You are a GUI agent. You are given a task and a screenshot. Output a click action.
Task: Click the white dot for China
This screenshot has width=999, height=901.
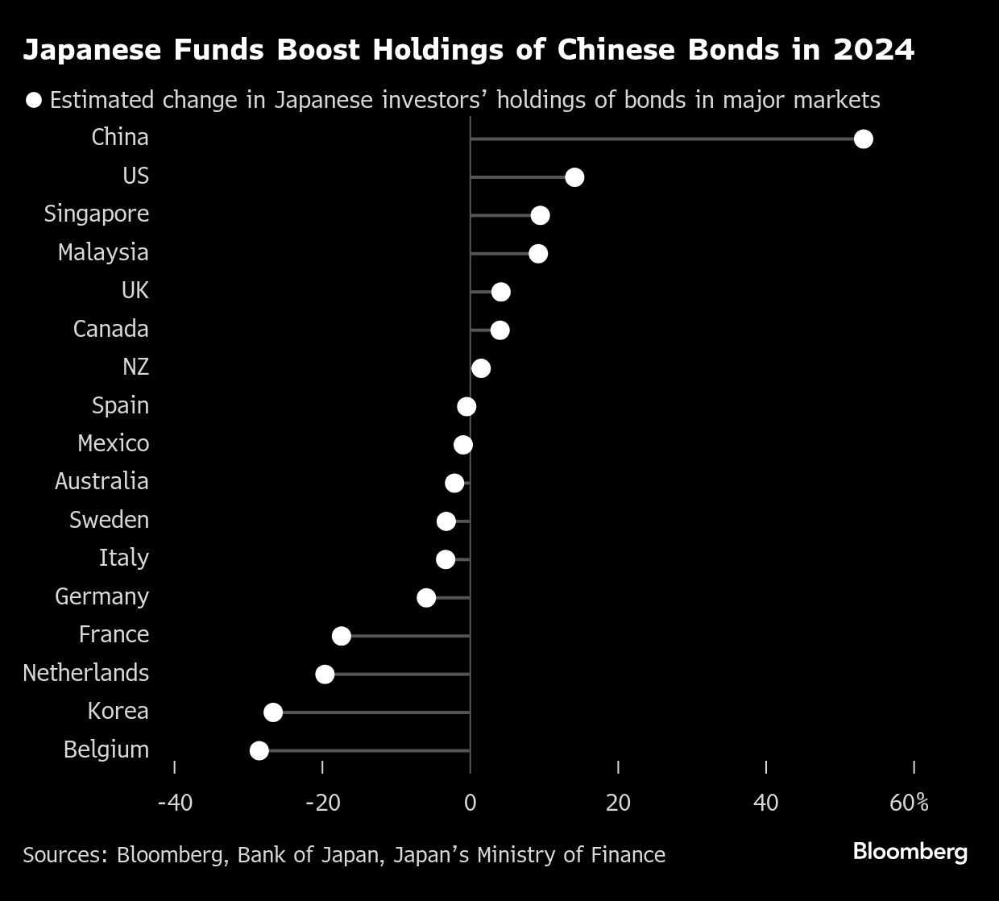coord(863,139)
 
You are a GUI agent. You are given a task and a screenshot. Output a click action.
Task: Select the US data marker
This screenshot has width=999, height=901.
coord(574,177)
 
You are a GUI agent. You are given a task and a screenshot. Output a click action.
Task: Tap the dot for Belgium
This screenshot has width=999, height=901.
coord(259,751)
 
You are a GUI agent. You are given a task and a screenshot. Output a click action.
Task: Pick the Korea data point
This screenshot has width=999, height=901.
coord(273,712)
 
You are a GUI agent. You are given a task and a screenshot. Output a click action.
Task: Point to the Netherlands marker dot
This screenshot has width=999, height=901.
coord(325,675)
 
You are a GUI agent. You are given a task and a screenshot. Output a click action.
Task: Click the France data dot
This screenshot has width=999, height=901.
coord(342,636)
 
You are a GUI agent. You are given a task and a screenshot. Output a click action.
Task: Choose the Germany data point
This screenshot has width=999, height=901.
coord(426,598)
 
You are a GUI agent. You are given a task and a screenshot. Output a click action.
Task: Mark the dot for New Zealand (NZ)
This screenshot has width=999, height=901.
coord(481,368)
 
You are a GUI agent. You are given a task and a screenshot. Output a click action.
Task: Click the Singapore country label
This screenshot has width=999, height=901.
coord(97,214)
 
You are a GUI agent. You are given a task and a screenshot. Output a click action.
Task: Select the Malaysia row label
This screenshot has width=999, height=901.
coord(103,252)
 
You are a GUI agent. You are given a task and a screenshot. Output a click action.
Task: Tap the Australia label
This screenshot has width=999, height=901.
coord(102,482)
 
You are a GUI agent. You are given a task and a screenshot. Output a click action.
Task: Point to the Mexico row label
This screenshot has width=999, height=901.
coord(113,443)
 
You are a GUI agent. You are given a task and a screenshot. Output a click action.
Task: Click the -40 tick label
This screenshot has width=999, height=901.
coord(175,803)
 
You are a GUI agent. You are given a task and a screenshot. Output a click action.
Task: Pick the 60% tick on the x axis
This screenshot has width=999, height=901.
coord(910,803)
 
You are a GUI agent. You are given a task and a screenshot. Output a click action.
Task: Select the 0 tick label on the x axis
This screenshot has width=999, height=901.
coord(470,803)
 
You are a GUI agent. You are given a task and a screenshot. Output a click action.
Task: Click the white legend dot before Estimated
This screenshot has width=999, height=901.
coord(34,100)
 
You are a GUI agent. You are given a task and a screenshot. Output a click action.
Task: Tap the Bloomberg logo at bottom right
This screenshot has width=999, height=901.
coord(910,852)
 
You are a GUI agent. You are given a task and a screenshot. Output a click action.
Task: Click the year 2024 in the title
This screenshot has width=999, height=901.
coord(874,50)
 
